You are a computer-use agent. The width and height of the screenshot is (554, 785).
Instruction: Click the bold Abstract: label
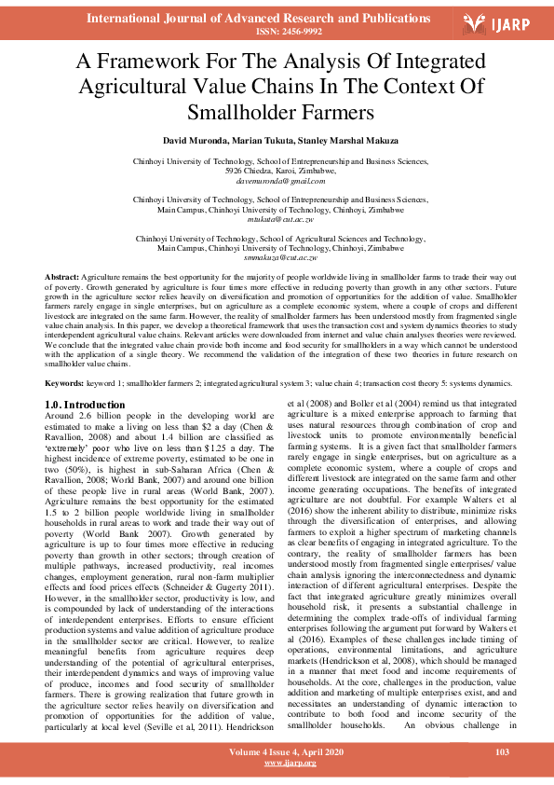coord(62,279)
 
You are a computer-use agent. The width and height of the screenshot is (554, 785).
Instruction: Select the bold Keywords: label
coord(65,383)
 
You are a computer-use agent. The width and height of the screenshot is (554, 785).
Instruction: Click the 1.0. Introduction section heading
coord(85,405)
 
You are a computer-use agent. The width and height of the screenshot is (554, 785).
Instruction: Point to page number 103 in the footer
coord(501,751)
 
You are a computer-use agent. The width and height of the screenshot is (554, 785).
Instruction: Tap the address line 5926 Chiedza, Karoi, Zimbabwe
coord(280,171)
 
